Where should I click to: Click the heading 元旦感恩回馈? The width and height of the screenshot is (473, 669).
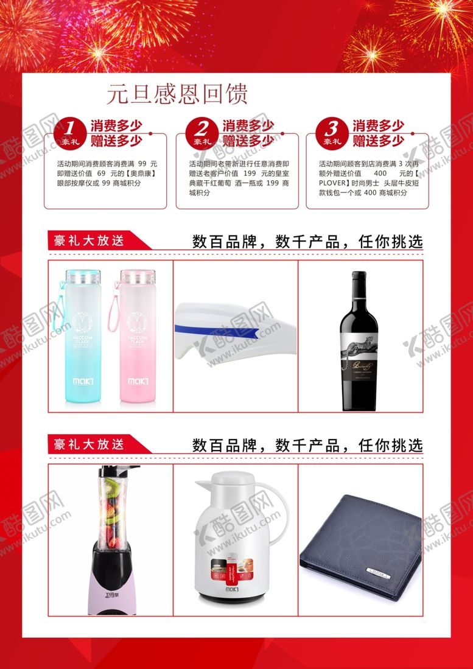[x=177, y=94]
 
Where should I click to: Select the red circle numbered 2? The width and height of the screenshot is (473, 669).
[x=201, y=131]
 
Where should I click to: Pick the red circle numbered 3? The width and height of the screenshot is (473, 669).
[x=332, y=131]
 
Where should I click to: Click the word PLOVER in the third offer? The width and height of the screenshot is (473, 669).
[x=331, y=182]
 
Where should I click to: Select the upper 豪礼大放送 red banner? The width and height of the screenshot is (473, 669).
[x=89, y=240]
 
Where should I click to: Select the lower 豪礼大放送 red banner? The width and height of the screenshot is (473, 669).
[x=89, y=445]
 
